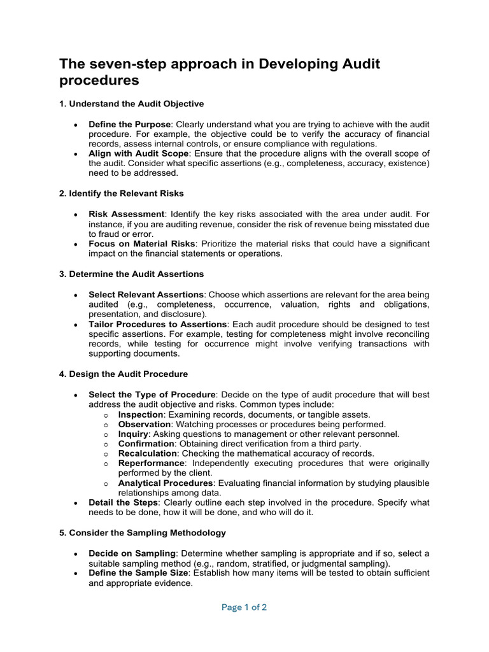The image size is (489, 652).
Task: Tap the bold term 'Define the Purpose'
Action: (130, 124)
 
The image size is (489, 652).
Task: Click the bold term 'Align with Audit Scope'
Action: (138, 153)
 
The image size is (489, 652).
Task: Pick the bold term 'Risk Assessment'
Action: (126, 215)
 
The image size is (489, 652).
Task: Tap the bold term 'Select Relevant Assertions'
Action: (146, 295)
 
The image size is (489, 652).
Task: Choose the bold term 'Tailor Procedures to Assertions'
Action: (157, 324)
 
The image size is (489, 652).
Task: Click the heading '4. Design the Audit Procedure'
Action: (124, 374)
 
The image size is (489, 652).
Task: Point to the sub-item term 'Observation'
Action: (145, 424)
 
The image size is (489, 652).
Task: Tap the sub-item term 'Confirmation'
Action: (146, 444)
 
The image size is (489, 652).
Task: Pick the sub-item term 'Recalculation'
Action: (147, 453)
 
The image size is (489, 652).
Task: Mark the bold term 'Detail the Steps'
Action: (124, 502)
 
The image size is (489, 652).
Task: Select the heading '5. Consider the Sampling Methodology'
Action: (142, 532)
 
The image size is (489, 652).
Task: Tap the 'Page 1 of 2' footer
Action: (244, 607)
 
